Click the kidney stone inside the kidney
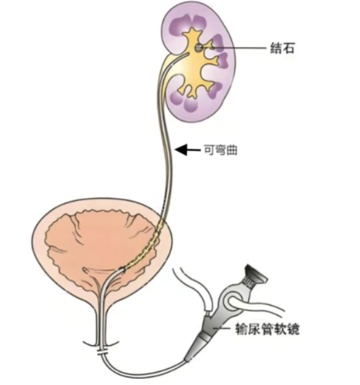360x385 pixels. tap(198, 47)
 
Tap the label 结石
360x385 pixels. tap(282, 48)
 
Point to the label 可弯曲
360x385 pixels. tap(221, 149)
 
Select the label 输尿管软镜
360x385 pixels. tap(267, 329)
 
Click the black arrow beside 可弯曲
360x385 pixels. tap(188, 149)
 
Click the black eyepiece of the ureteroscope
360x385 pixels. tap(256, 273)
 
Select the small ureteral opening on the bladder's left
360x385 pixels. tap(85, 269)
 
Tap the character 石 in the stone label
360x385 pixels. tap(288, 48)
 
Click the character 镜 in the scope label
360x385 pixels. tap(293, 329)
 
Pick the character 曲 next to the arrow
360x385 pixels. tap(232, 149)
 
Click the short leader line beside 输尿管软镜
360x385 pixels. tap(222, 328)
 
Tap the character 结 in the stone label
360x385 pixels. tap(276, 48)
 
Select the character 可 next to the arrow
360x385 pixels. tap(209, 149)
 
